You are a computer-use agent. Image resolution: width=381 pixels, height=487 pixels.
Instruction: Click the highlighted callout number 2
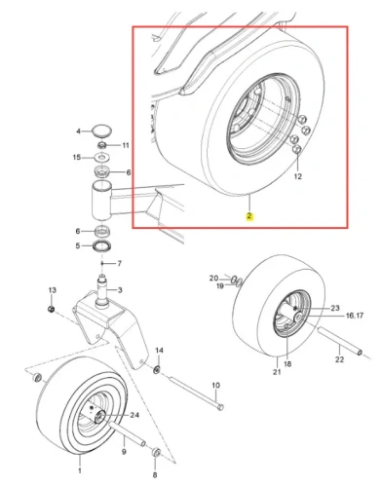click(249, 216)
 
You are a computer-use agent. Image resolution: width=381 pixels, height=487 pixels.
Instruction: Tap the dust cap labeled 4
click(101, 131)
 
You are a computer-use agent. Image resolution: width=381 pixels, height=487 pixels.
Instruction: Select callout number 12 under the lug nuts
click(298, 176)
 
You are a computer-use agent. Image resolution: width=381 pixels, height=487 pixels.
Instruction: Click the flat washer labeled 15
click(102, 158)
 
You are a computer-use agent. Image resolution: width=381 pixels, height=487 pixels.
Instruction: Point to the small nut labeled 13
click(51, 309)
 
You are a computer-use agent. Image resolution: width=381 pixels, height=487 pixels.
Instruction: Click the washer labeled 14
click(158, 369)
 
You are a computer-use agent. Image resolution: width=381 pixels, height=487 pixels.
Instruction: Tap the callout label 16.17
click(355, 316)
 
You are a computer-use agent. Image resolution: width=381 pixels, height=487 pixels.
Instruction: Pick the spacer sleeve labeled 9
click(127, 433)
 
